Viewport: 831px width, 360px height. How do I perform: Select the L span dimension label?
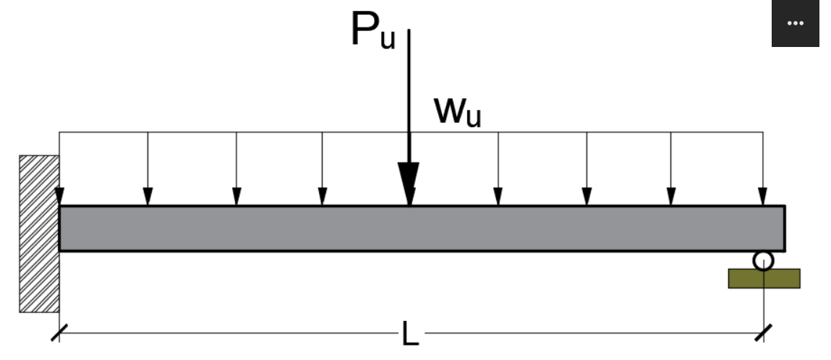(409, 334)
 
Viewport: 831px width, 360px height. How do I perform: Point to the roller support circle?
(763, 260)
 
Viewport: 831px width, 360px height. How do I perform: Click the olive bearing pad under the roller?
(764, 278)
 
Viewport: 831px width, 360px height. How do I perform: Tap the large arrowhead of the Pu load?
(409, 184)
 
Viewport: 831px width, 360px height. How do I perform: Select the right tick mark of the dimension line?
(763, 333)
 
